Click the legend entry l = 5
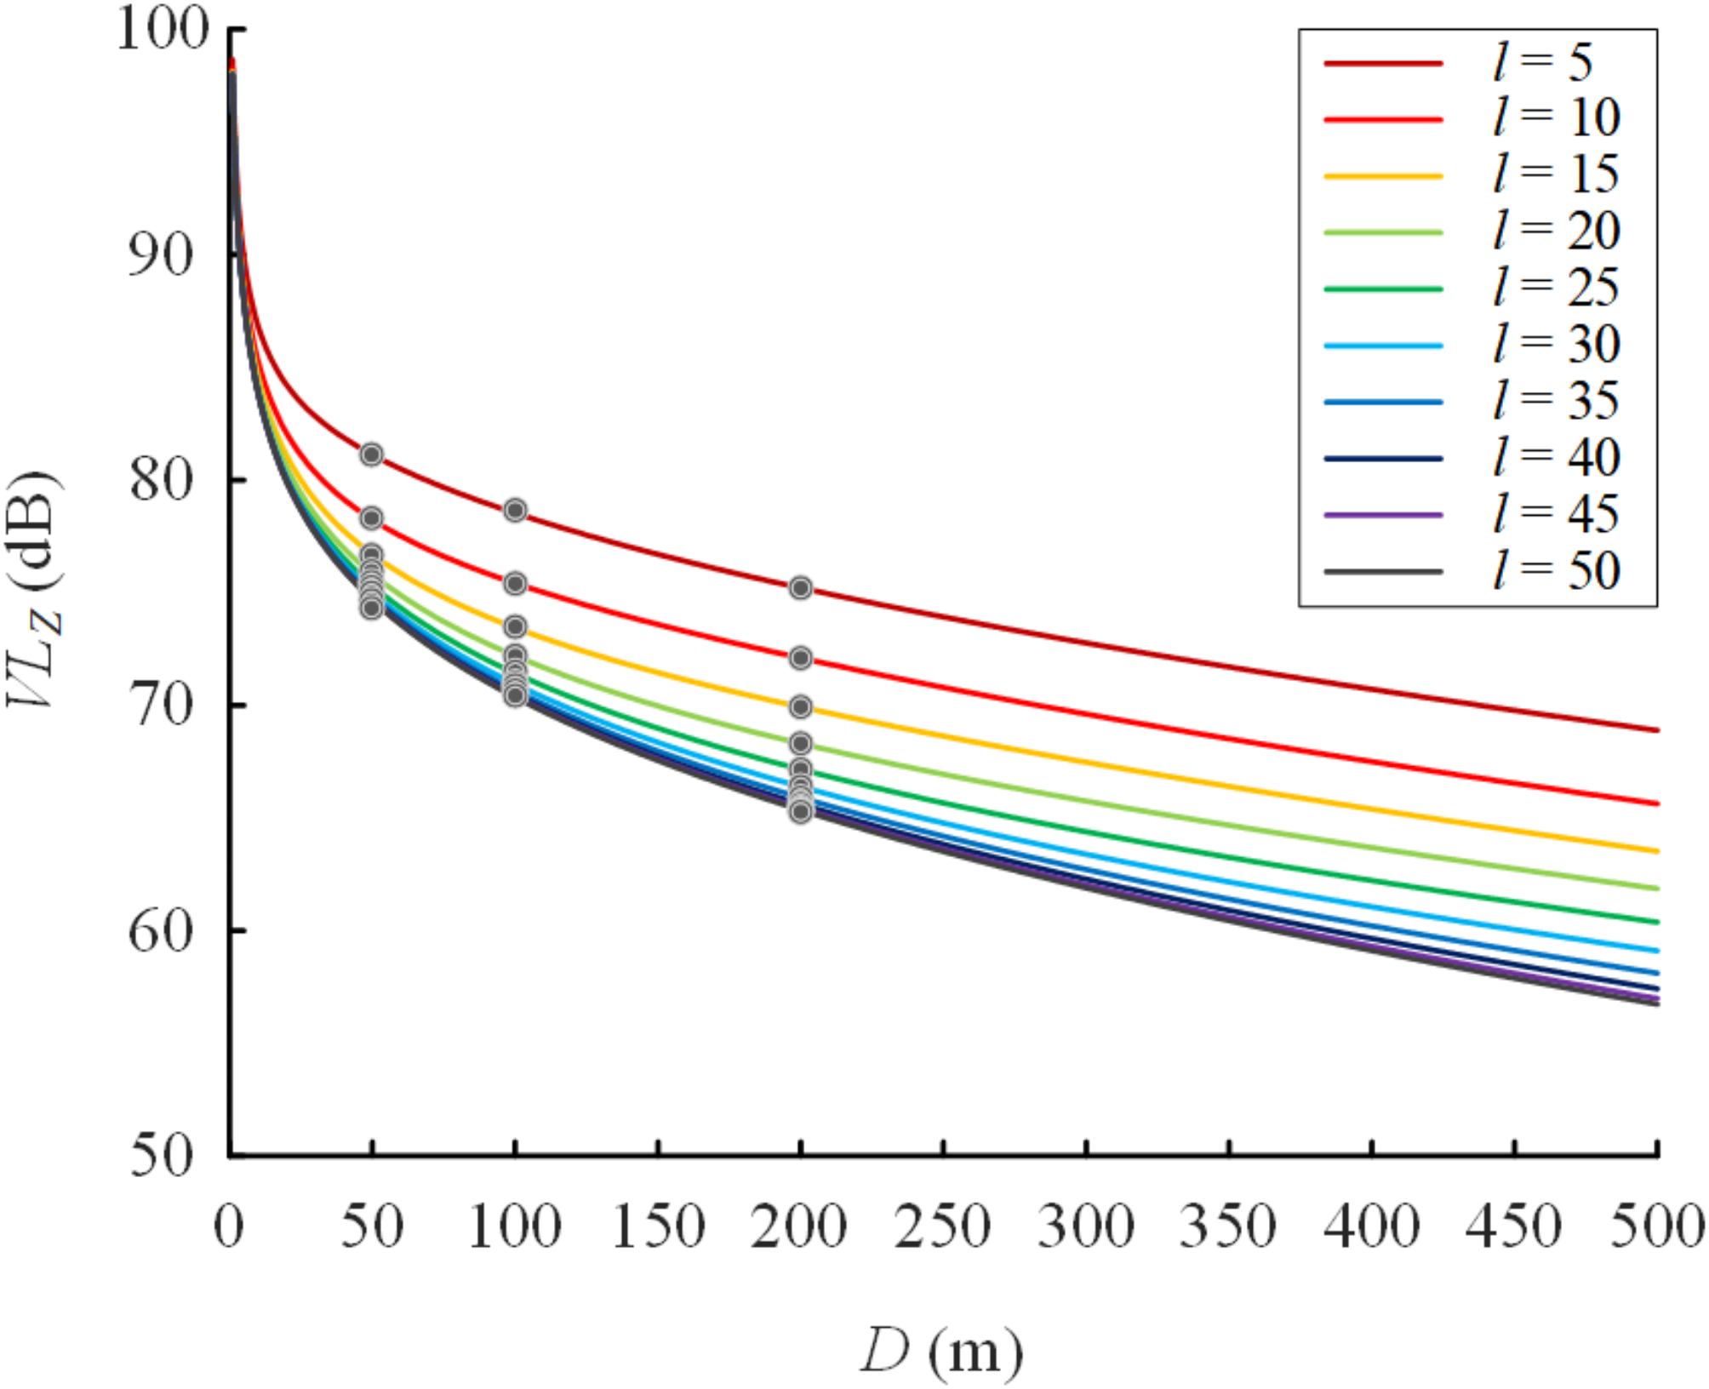coord(1541,63)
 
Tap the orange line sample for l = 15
coord(1383,176)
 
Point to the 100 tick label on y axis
coord(162,31)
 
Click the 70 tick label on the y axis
coord(162,706)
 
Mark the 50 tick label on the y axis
coord(162,1157)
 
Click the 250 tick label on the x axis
coord(942,1226)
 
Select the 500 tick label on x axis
coord(1656,1226)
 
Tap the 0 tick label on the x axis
coord(229,1226)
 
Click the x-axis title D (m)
coord(940,1352)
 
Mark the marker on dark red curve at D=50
coord(371,454)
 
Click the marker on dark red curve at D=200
coord(800,588)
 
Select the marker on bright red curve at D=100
coord(515,584)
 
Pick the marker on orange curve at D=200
coord(800,707)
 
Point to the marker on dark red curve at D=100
coord(515,511)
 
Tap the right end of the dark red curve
coord(1656,730)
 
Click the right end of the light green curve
coord(1656,889)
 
